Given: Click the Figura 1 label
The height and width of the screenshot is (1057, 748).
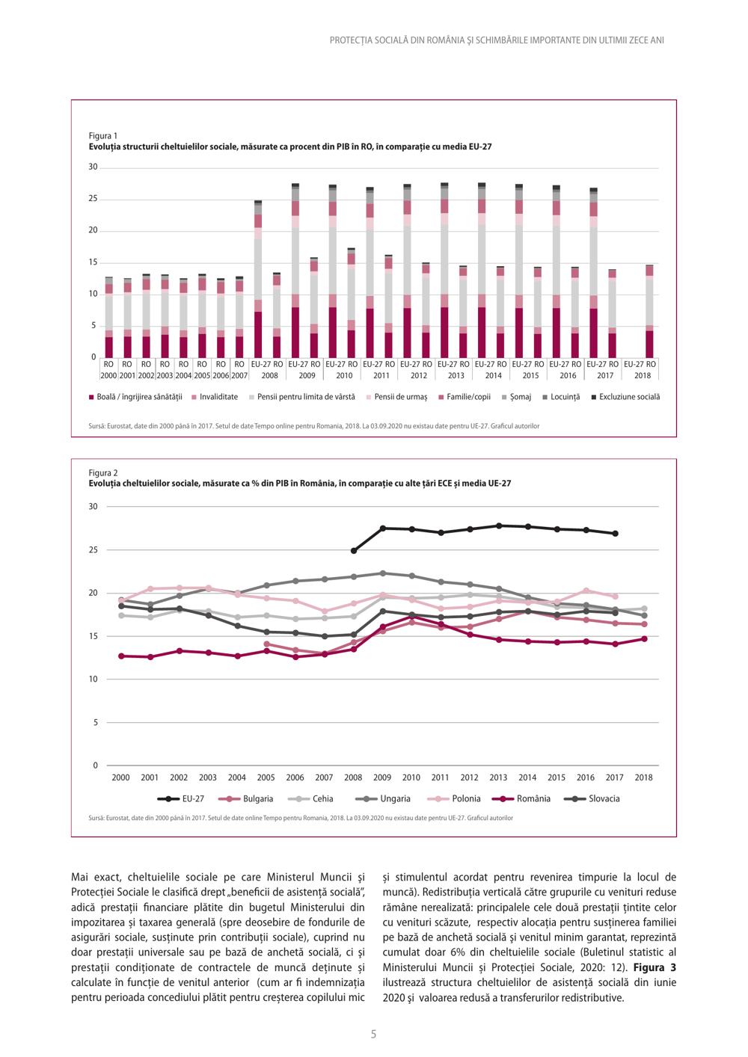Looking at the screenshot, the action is (103, 136).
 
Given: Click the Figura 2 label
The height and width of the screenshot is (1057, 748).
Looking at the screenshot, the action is (103, 473).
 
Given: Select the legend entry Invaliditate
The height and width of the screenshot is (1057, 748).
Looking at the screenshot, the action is (215, 397).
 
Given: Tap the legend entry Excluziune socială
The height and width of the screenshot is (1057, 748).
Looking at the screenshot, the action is (625, 397).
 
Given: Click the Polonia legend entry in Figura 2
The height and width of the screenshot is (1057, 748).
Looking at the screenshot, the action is (454, 799).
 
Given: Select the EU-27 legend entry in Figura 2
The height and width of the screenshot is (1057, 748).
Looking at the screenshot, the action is (181, 799).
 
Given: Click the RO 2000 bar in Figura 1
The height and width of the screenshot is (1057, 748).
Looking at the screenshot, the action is (108, 318).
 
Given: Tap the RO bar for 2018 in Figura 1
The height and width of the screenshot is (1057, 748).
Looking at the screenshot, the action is (650, 312).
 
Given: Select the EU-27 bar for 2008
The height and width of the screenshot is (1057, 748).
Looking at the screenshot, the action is (258, 279).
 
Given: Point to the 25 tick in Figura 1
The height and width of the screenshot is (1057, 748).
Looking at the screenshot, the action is (93, 199).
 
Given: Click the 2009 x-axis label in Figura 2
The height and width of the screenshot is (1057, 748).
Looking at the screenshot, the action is (382, 777).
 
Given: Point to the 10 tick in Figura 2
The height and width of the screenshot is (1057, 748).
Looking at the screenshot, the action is (93, 679).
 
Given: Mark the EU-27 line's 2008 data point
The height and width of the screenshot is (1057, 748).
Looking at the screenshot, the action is (354, 551).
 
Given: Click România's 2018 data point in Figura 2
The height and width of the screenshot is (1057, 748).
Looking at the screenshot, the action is (644, 639).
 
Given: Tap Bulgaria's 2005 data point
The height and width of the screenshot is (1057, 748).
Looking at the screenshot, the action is (266, 644).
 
